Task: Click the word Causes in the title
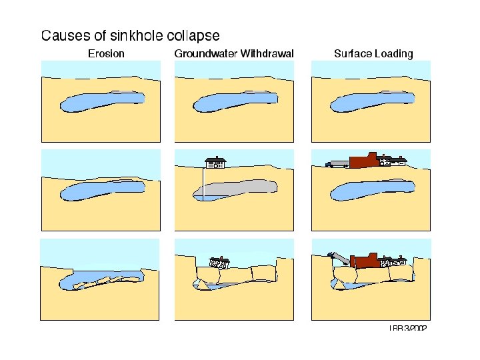pos(63,35)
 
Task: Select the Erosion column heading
pos(106,53)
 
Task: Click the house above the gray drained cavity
pos(215,162)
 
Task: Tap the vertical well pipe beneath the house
pos(204,183)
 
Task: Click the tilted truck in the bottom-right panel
pos(339,258)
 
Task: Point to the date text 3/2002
pos(415,327)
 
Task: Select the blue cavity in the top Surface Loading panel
pos(371,101)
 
